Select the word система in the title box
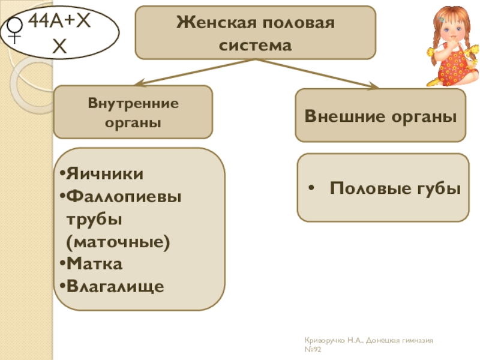click(x=256, y=45)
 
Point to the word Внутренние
click(x=133, y=103)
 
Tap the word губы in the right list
click(x=437, y=188)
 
